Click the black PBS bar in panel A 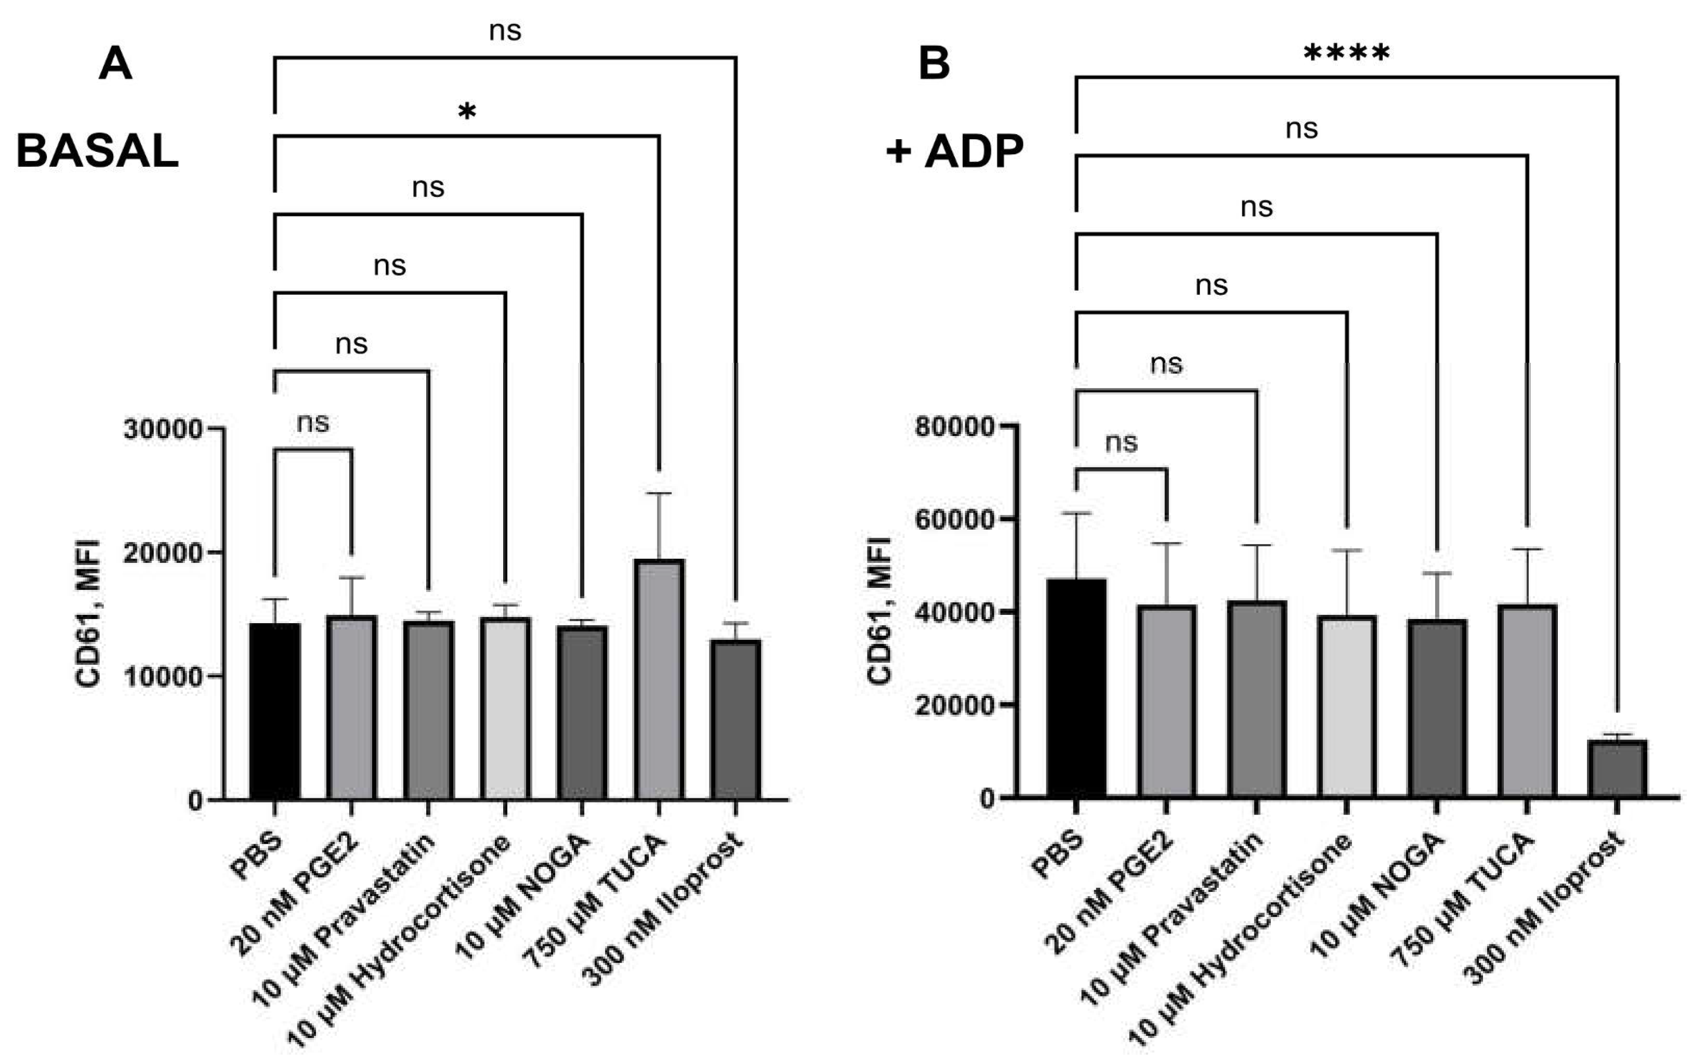[274, 711]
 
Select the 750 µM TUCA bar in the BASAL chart [659, 679]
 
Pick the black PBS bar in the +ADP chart [1075, 688]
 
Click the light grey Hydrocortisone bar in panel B [1346, 706]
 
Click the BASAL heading [97, 151]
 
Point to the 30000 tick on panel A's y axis [163, 428]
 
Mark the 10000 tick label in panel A [163, 676]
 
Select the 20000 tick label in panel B [955, 705]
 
